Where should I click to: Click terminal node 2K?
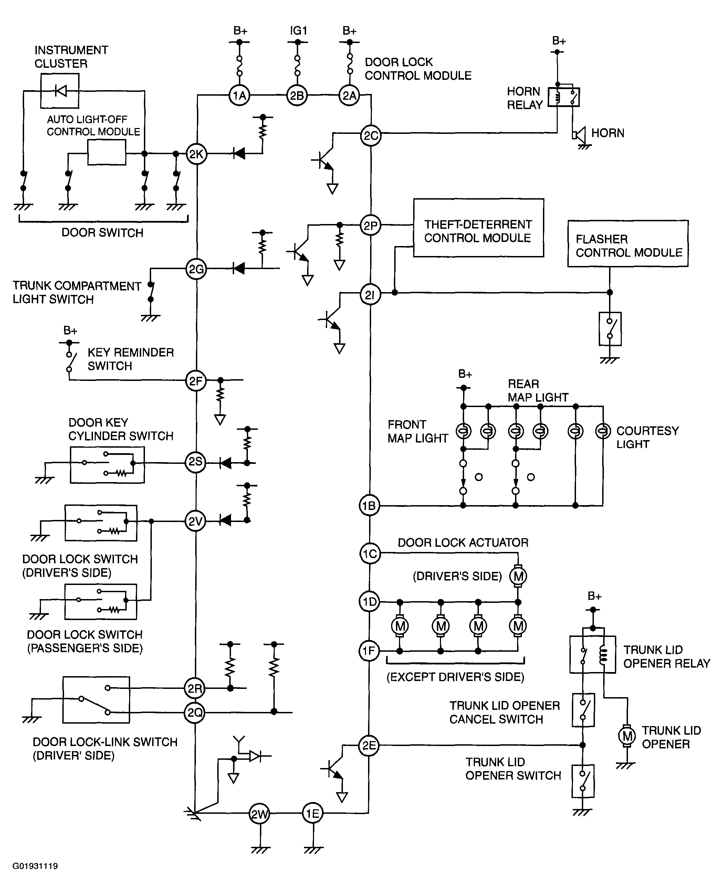196,154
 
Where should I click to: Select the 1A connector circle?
240,96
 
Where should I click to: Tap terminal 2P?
370,226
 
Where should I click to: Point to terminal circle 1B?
369,505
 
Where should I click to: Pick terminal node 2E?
369,745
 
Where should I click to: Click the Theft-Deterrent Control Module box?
479,228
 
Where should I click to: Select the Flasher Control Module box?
628,244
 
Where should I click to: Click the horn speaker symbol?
578,134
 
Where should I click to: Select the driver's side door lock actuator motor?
518,576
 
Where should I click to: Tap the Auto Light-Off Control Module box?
107,152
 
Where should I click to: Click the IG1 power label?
298,30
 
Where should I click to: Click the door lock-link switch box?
96,700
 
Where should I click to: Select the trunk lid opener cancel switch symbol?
583,710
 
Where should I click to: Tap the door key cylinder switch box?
107,465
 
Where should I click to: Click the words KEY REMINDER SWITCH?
131,359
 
